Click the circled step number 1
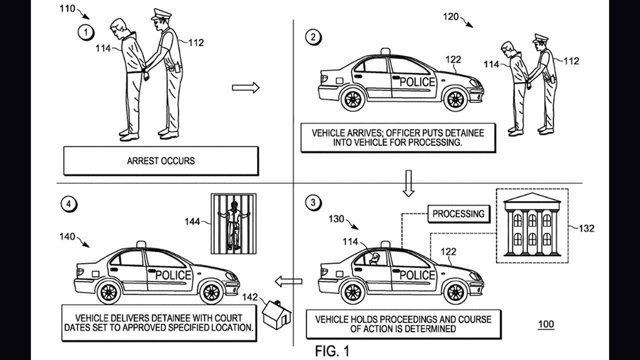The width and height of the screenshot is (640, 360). (86, 33)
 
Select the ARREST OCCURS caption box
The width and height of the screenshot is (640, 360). (160, 161)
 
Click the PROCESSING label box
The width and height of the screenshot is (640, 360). (458, 214)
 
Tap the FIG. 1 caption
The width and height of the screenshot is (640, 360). (332, 351)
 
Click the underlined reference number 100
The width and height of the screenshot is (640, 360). (545, 324)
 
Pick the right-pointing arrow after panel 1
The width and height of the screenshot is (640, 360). (245, 88)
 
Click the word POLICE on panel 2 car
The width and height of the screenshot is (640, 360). (417, 81)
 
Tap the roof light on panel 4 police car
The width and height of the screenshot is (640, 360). (141, 244)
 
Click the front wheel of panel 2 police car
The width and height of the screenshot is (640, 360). (455, 99)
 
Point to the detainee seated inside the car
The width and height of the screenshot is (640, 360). (374, 258)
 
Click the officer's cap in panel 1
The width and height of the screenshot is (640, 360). (161, 14)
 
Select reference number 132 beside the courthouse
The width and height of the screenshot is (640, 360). (586, 228)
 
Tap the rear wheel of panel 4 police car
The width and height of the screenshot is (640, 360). (108, 292)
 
